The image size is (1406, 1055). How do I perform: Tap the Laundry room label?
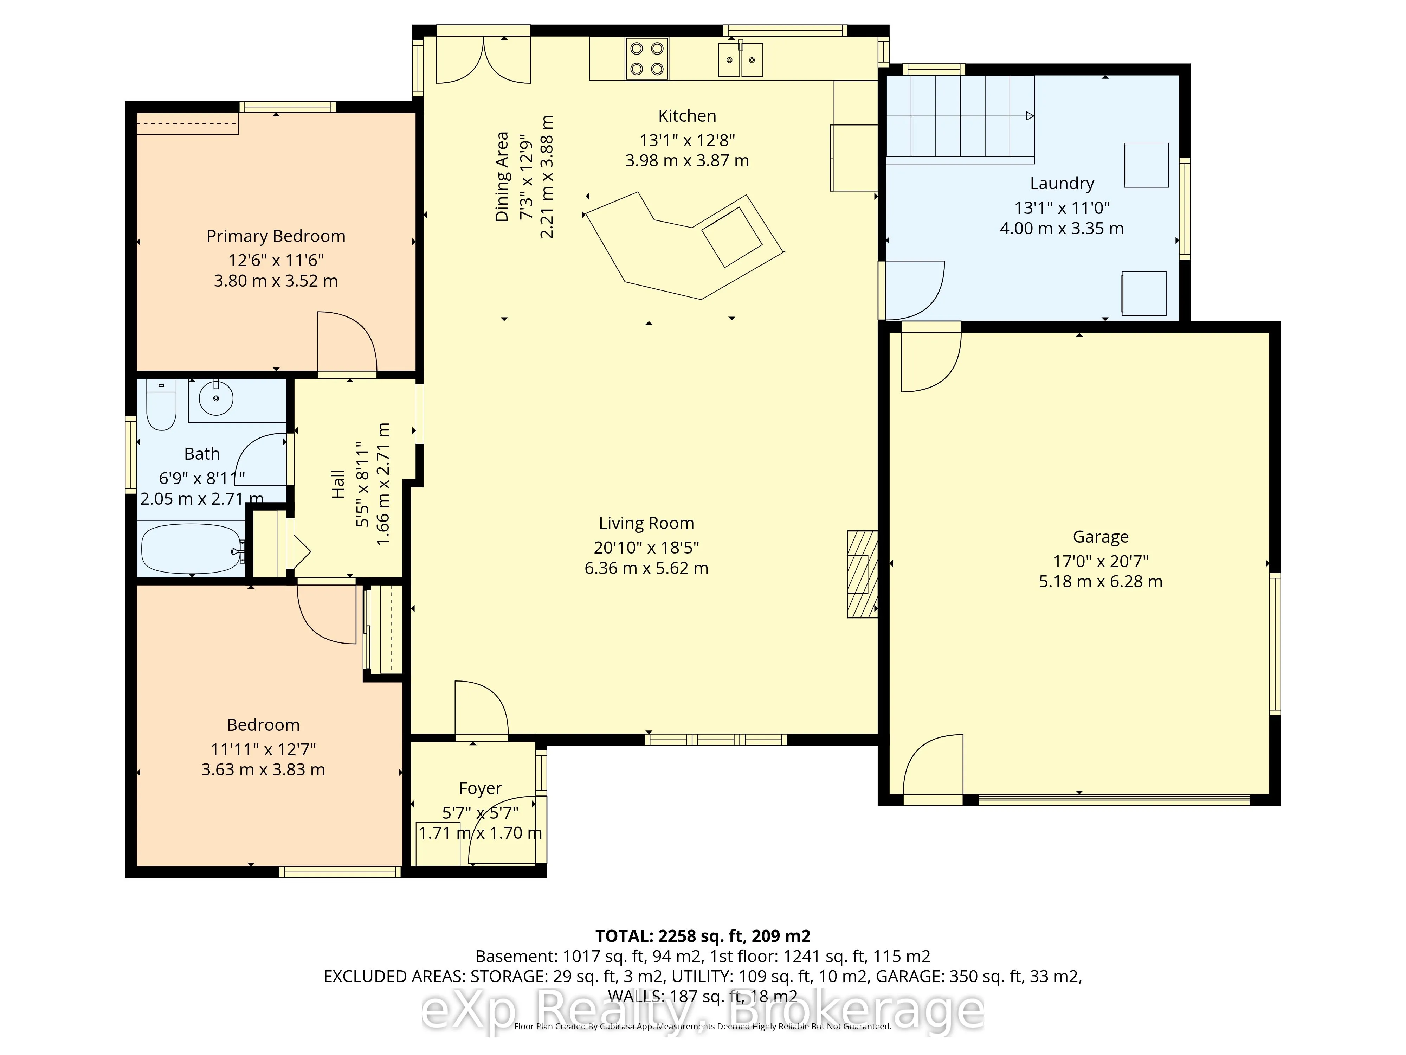pos(1062,184)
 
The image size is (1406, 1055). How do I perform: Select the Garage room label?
pos(1101,537)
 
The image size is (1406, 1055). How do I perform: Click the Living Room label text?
pos(646,523)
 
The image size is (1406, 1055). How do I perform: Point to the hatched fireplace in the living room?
pos(863,574)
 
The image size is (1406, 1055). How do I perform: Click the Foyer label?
pos(481,788)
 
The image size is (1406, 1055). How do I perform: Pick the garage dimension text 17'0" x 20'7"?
pos(1101,562)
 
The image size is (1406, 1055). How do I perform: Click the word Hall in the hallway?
pos(337,484)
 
